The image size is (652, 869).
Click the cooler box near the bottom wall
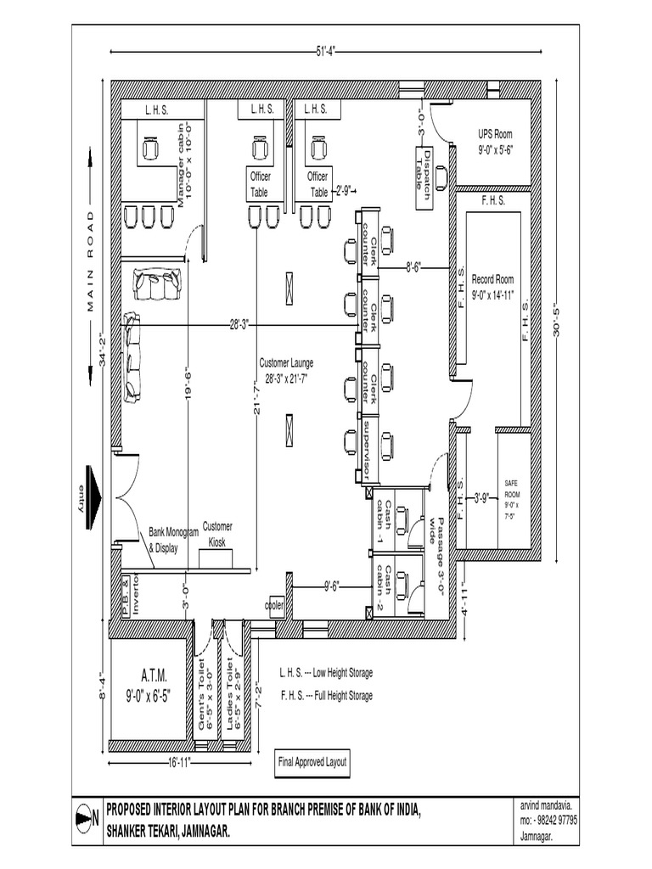[274, 606]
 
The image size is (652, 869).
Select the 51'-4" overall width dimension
[325, 53]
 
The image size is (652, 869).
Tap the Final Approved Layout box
[312, 762]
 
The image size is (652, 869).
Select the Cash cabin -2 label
[384, 587]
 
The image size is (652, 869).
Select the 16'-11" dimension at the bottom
[182, 762]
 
